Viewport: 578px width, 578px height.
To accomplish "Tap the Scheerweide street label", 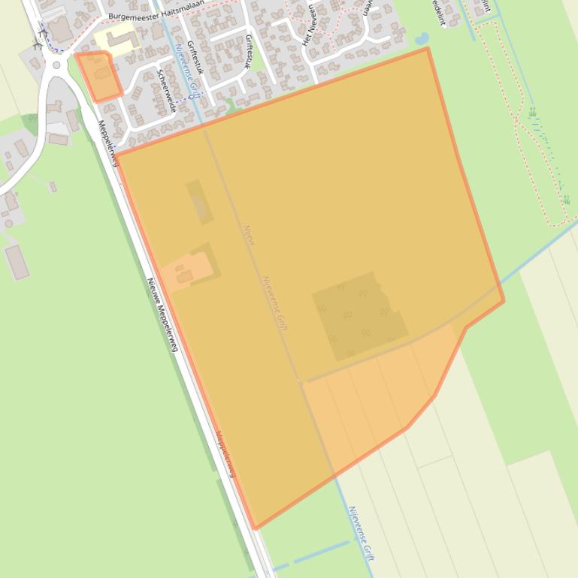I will point(166,91).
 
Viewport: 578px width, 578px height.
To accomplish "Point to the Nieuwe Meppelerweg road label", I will point(162,315).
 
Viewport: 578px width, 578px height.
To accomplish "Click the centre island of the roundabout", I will point(56,65).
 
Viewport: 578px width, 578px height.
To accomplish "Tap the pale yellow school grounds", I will point(114,38).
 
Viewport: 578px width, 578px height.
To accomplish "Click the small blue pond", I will point(422,38).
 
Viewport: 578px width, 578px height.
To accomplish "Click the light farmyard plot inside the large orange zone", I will point(185,271).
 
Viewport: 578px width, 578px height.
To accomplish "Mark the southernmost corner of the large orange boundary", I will point(255,528).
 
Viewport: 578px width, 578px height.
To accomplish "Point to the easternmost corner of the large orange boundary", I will point(504,301).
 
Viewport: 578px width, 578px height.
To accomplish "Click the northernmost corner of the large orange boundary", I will point(428,49).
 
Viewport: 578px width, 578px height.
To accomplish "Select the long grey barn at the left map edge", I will point(17,262).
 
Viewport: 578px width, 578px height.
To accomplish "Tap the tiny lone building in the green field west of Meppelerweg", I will point(53,187).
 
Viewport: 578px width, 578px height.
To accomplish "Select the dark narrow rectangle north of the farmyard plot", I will point(199,201).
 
